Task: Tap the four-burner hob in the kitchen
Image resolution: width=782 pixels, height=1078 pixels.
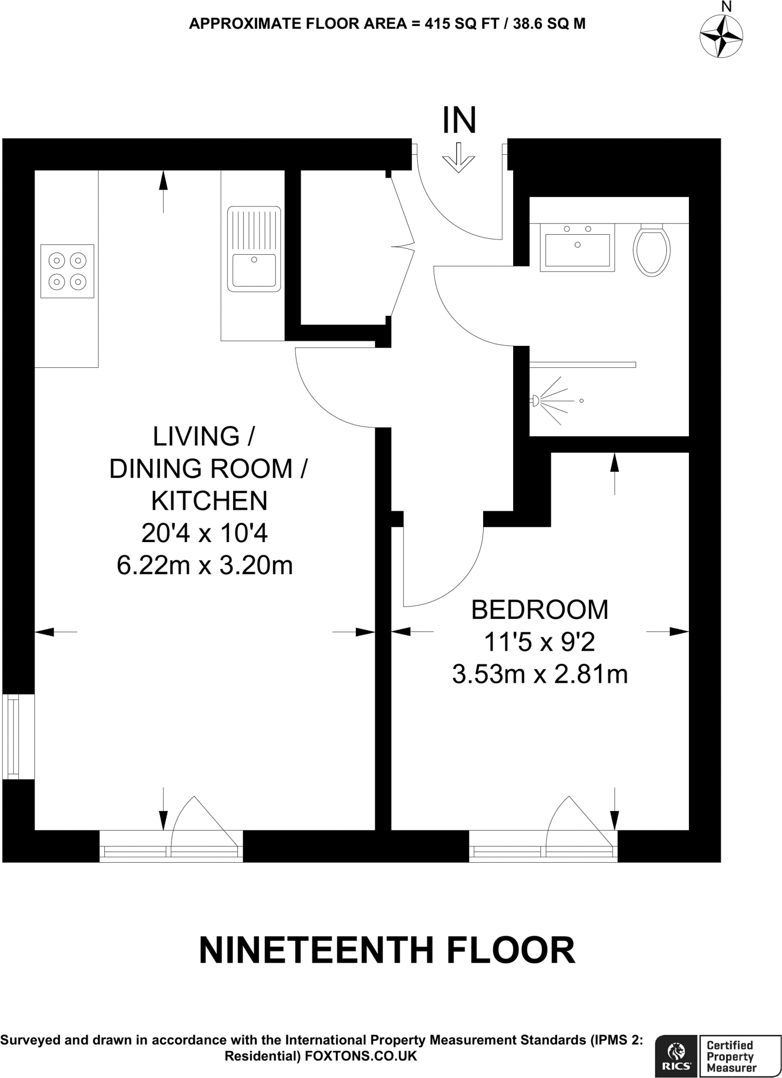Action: (x=67, y=271)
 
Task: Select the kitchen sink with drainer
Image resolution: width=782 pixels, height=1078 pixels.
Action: (x=254, y=249)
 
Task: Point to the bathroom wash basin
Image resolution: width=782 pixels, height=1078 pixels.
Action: (x=577, y=247)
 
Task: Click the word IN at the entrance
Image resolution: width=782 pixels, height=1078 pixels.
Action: (x=459, y=121)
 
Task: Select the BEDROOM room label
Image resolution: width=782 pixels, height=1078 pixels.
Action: (x=539, y=610)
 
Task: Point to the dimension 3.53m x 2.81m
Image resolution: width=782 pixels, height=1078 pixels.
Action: (x=540, y=675)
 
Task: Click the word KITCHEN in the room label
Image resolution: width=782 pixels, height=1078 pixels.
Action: (x=209, y=501)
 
